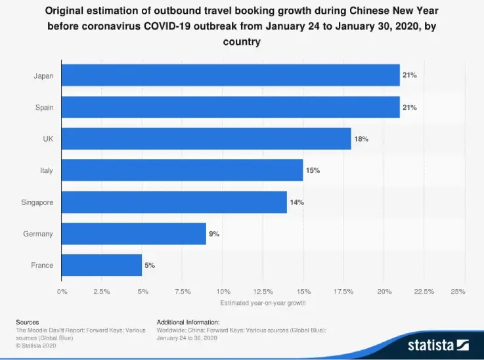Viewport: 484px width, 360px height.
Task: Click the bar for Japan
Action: pyautogui.click(x=231, y=76)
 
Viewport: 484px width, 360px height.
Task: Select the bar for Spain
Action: pyautogui.click(x=231, y=107)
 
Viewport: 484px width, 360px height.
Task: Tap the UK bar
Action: pyautogui.click(x=207, y=139)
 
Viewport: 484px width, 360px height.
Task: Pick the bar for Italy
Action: pyautogui.click(x=183, y=170)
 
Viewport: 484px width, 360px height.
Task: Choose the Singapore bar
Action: pyautogui.click(x=175, y=202)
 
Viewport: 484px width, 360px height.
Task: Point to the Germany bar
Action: pyautogui.click(x=135, y=233)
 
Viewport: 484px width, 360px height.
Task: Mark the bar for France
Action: pyautogui.click(x=102, y=265)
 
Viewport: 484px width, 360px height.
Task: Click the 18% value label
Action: pyautogui.click(x=362, y=139)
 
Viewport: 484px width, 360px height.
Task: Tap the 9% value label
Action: pyautogui.click(x=214, y=233)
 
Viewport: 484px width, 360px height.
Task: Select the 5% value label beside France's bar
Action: pyautogui.click(x=150, y=265)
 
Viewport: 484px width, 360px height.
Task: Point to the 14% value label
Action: pyautogui.click(x=297, y=202)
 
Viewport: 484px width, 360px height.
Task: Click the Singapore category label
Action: pyautogui.click(x=37, y=202)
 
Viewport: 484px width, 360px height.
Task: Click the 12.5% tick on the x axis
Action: pyautogui.click(x=263, y=290)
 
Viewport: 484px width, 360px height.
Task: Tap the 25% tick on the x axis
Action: pyautogui.click(x=458, y=290)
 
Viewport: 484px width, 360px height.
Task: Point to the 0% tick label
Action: pyautogui.click(x=62, y=290)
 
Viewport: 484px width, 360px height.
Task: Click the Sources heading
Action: pyautogui.click(x=28, y=322)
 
